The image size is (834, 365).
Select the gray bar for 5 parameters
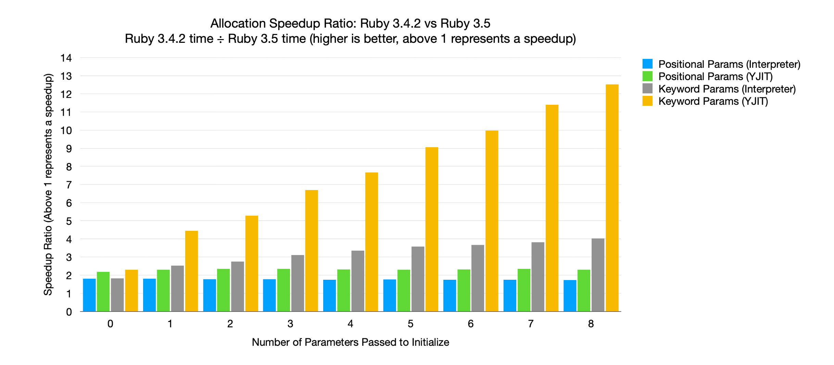tap(418, 279)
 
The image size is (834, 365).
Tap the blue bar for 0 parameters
tap(89, 295)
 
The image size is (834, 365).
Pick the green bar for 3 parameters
tap(283, 290)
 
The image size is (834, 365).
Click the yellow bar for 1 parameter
tap(191, 271)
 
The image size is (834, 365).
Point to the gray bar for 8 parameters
tap(598, 275)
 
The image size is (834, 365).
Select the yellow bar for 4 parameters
tap(371, 242)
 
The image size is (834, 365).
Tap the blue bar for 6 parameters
tap(450, 295)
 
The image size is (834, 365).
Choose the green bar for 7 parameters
tap(524, 290)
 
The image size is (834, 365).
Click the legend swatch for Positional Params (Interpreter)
tap(647, 64)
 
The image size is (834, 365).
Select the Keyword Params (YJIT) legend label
tap(713, 101)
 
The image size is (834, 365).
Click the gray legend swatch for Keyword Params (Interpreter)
tap(647, 89)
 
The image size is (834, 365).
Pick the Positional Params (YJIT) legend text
tap(716, 76)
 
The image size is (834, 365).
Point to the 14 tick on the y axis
tap(66, 58)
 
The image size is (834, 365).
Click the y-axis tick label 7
tap(69, 185)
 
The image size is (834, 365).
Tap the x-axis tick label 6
tap(470, 324)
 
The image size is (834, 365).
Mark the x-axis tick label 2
tap(230, 324)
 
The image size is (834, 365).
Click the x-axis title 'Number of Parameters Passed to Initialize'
tap(350, 342)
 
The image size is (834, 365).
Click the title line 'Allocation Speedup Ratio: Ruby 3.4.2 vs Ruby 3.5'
tap(350, 23)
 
